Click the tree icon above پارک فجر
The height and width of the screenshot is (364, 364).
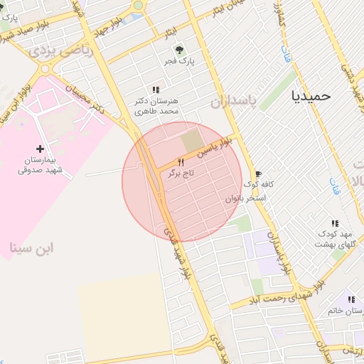coord(179,49)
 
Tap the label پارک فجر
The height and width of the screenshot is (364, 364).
coord(180,61)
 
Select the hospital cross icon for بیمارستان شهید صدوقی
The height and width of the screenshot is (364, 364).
coord(40,149)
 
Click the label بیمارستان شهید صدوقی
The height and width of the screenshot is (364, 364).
coord(41,166)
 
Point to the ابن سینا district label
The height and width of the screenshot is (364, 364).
coord(32,248)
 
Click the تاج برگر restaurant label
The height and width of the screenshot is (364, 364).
coord(181,173)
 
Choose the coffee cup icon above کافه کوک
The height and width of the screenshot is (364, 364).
coord(257,173)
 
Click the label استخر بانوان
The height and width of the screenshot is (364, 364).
coord(245,198)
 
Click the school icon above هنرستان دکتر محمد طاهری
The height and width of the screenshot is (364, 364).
coord(156,89)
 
